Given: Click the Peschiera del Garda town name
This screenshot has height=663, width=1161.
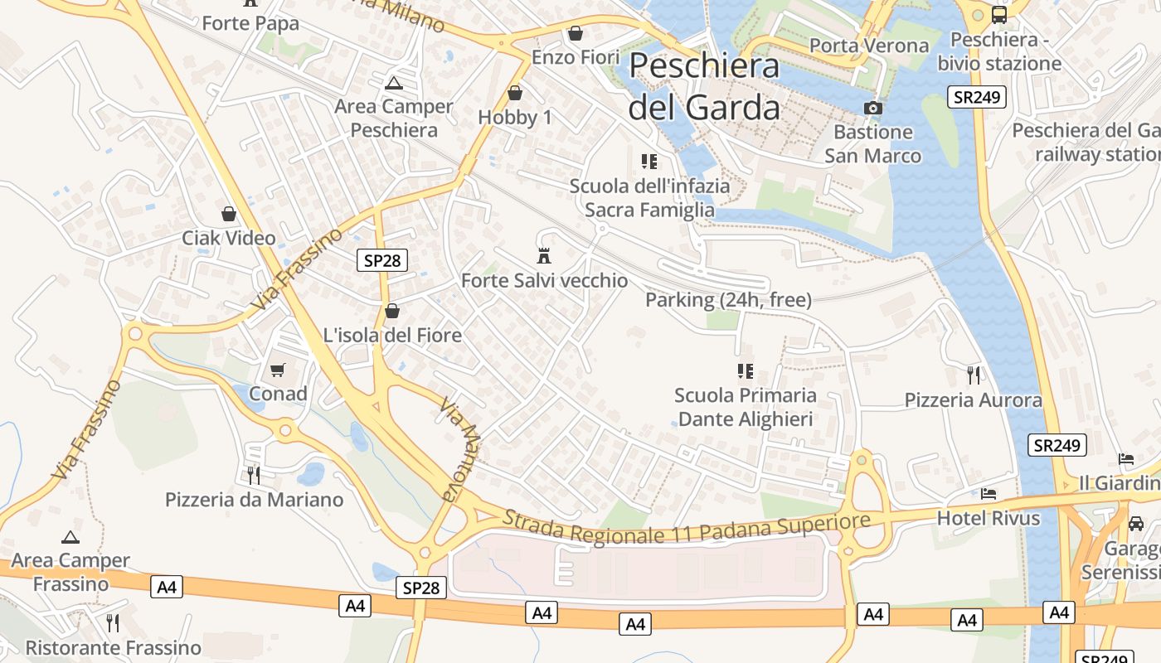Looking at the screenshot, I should (704, 87).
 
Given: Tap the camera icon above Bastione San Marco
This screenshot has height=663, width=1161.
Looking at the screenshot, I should (872, 108).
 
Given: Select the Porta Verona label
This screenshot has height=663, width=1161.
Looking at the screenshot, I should (868, 46).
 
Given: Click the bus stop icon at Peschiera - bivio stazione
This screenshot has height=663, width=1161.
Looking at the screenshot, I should (999, 14).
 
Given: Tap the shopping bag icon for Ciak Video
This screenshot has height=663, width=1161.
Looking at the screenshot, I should (229, 214).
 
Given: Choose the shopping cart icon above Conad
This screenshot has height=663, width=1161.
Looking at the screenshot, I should (278, 370).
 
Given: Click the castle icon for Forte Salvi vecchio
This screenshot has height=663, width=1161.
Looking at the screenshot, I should (544, 255).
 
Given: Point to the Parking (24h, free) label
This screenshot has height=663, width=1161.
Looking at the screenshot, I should (728, 300).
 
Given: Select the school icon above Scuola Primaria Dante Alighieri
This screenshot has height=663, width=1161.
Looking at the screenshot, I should (745, 370).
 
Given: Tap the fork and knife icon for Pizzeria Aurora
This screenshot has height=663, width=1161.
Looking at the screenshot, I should (974, 375).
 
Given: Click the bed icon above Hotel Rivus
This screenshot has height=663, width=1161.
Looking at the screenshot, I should (989, 494).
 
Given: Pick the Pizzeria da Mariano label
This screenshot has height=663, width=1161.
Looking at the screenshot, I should (254, 500).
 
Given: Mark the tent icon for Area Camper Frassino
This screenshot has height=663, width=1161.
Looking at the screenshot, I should (70, 537).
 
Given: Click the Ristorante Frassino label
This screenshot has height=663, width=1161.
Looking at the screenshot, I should (114, 647).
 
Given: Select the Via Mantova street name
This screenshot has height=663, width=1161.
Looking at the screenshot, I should (460, 450).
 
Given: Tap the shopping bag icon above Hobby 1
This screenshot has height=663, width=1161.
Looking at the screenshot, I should (515, 93).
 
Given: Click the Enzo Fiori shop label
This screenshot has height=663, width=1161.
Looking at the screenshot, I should (576, 57).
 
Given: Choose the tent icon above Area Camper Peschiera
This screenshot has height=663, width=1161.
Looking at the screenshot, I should (393, 83).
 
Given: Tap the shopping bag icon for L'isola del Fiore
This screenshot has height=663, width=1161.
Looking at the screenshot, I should (392, 312).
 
